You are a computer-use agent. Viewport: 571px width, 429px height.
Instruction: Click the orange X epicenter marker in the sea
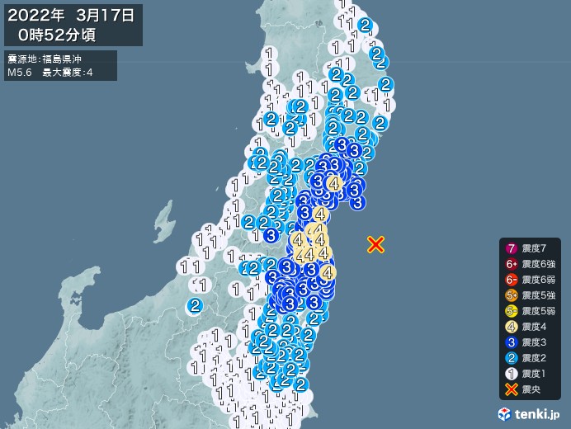pyautogui.click(x=375, y=243)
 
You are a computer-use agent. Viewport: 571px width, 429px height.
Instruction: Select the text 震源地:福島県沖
pyautogui.click(x=45, y=59)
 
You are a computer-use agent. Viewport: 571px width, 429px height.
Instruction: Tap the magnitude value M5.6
pyautogui.click(x=20, y=73)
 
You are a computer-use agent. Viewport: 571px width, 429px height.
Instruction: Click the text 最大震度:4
pyautogui.click(x=70, y=73)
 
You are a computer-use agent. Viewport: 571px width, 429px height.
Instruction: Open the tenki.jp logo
pyautogui.click(x=531, y=412)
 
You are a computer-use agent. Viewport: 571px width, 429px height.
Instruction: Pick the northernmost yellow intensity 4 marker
pyautogui.click(x=334, y=182)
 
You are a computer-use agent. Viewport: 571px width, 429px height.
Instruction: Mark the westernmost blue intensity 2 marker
pyautogui.click(x=195, y=305)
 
